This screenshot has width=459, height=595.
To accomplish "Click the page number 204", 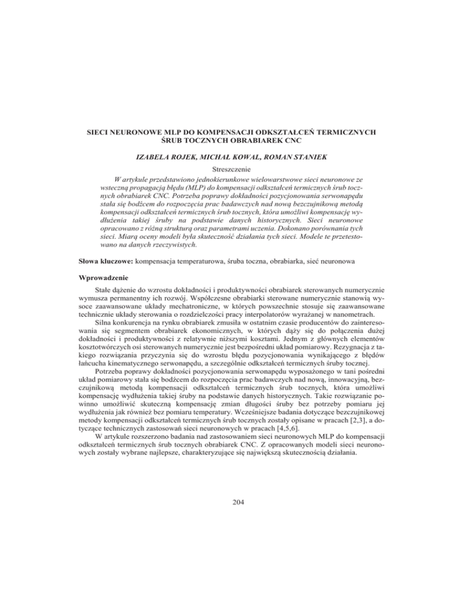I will (x=229, y=570).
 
